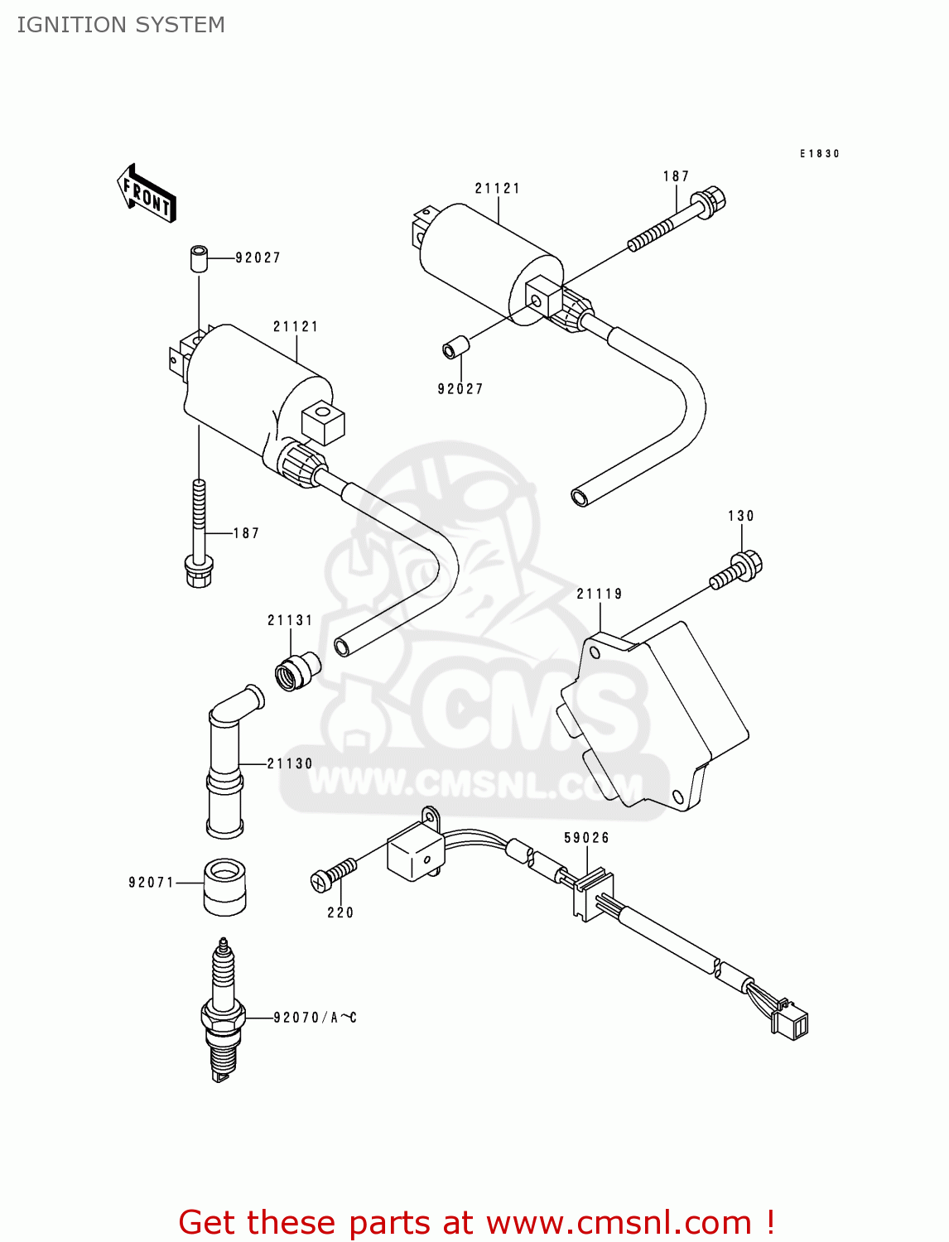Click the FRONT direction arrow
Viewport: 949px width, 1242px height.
(x=147, y=193)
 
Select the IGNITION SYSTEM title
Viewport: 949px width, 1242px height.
(x=121, y=25)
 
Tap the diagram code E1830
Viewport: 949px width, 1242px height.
(x=819, y=154)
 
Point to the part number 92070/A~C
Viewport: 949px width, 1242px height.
(x=315, y=1018)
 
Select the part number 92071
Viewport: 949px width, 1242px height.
(x=152, y=883)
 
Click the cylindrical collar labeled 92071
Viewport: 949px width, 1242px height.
(x=224, y=887)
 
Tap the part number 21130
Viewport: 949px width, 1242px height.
(x=290, y=763)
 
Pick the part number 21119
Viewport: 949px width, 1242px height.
(x=600, y=594)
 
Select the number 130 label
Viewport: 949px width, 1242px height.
(x=741, y=516)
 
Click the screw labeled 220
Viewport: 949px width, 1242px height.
(x=333, y=874)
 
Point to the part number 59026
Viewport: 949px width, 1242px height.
(x=586, y=838)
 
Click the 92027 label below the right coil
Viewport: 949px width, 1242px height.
(x=460, y=389)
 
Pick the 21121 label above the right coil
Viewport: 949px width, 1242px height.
(x=498, y=189)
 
